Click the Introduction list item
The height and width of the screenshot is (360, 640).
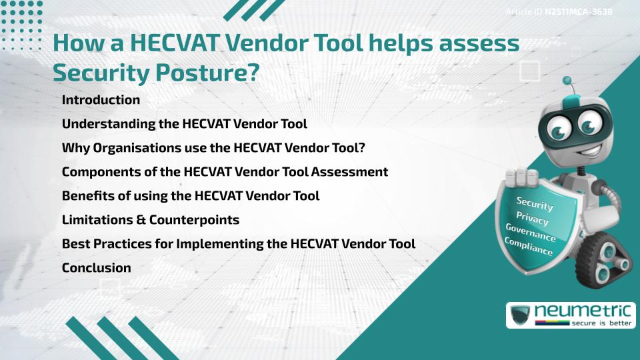pyautogui.click(x=101, y=100)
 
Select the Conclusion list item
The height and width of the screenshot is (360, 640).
pyautogui.click(x=96, y=268)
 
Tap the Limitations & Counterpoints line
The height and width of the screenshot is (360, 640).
pyautogui.click(x=150, y=219)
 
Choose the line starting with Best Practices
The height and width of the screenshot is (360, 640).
pyautogui.click(x=238, y=244)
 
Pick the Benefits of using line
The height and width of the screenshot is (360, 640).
pyautogui.click(x=190, y=196)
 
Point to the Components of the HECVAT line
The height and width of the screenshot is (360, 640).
pyautogui.click(x=225, y=172)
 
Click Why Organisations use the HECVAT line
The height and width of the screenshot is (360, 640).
pyautogui.click(x=213, y=148)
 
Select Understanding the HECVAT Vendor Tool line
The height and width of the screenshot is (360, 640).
pyautogui.click(x=184, y=124)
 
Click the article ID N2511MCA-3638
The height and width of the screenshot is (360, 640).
pyautogui.click(x=578, y=12)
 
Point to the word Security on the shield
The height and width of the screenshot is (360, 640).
pyautogui.click(x=535, y=203)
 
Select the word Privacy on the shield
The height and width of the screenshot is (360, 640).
pyautogui.click(x=532, y=218)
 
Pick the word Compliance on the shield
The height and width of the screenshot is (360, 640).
pyautogui.click(x=529, y=247)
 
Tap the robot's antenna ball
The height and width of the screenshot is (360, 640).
pyautogui.click(x=567, y=81)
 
